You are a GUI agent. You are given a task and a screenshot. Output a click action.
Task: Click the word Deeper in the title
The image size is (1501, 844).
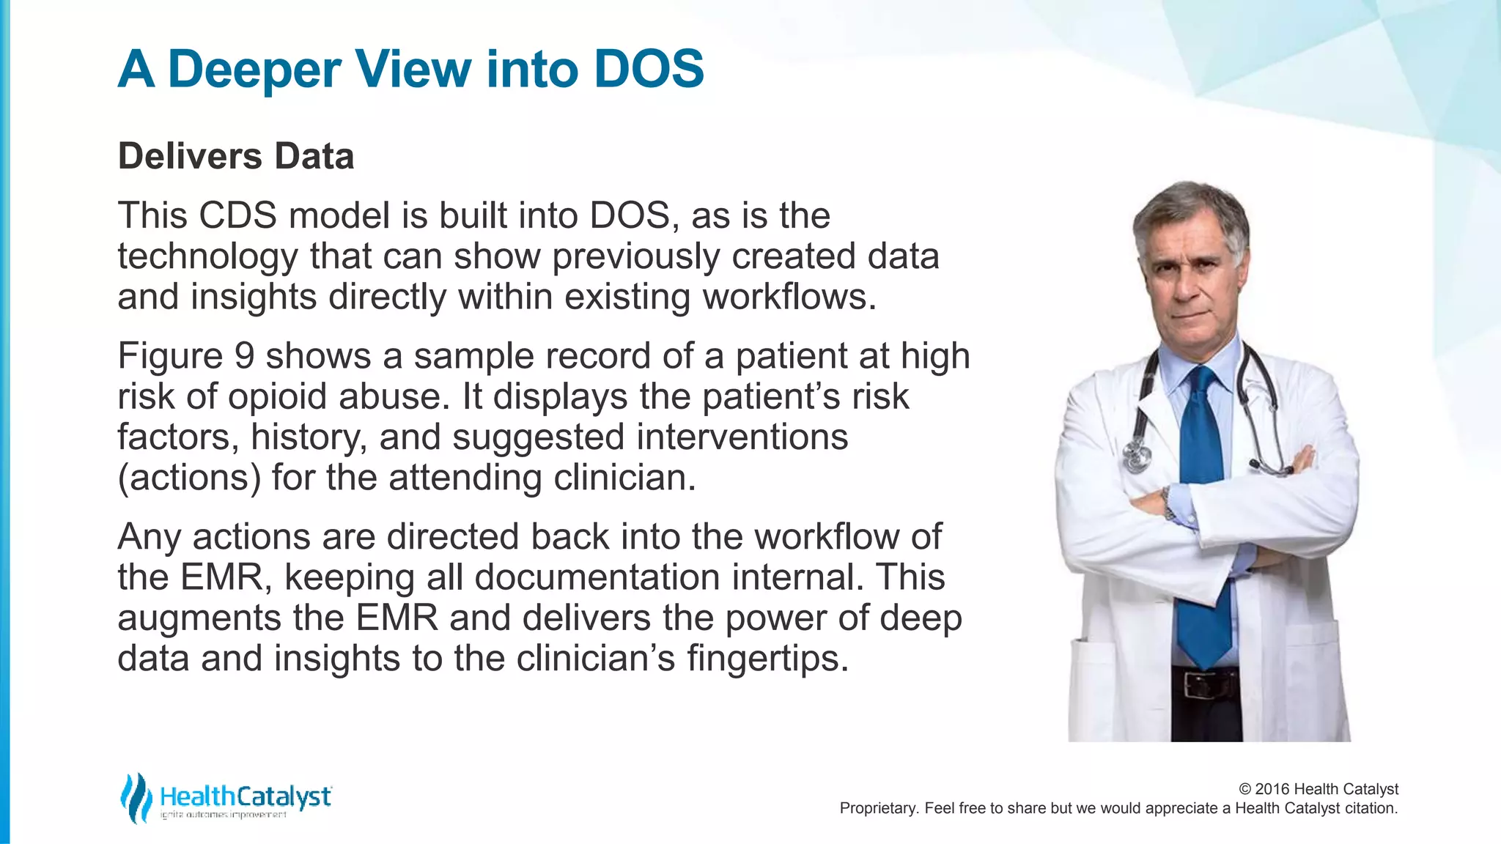pos(254,70)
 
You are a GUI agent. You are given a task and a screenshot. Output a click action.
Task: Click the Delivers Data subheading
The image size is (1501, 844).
pos(236,156)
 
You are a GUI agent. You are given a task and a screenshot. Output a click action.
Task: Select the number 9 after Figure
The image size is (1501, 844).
pos(244,356)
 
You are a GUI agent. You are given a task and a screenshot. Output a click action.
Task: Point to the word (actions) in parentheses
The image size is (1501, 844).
pos(189,478)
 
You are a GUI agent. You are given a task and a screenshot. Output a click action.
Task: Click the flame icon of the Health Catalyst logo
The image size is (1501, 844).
pos(136,797)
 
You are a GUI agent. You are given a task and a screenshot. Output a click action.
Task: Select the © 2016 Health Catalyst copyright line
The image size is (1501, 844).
pos(1318,789)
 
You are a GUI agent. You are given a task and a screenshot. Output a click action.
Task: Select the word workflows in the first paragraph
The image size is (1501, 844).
pos(789,297)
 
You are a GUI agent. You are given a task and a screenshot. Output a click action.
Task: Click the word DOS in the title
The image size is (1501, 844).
pos(649,70)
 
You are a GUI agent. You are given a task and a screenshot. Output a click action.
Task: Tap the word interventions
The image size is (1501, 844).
pos(742,437)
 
